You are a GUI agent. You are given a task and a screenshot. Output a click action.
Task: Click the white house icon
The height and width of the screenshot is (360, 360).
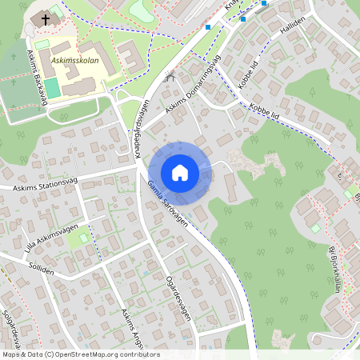click(x=180, y=173)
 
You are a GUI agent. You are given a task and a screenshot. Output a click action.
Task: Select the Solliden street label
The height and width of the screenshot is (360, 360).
click(x=40, y=270)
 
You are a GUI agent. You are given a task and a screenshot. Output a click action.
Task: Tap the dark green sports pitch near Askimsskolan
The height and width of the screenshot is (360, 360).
click(x=52, y=88)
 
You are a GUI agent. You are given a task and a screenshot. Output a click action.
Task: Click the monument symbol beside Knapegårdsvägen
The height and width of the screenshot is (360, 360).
click(x=170, y=77)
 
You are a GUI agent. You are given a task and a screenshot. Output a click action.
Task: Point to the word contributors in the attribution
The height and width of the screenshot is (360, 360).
click(x=139, y=354)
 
